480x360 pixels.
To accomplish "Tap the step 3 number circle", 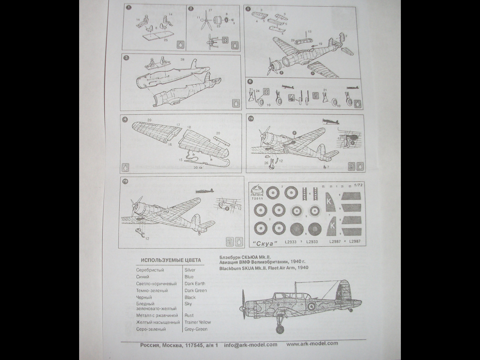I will tap(127, 57).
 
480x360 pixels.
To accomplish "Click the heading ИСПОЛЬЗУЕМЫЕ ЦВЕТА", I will tap(171, 260).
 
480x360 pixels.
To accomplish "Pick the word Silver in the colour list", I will tap(190, 270).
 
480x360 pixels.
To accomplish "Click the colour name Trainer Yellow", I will tap(197, 322).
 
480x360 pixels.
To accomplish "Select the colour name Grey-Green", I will tap(196, 329).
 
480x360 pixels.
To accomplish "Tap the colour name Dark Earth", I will tap(195, 284).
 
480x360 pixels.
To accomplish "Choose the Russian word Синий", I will tap(142, 277).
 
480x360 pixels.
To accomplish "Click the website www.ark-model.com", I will tap(312, 343).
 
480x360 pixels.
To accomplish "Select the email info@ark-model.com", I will tap(250, 345).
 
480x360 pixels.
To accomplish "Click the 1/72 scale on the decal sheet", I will tap(358, 184).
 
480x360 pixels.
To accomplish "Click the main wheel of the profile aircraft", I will tap(280, 329).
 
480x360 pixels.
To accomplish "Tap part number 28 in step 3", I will tap(183, 60).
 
